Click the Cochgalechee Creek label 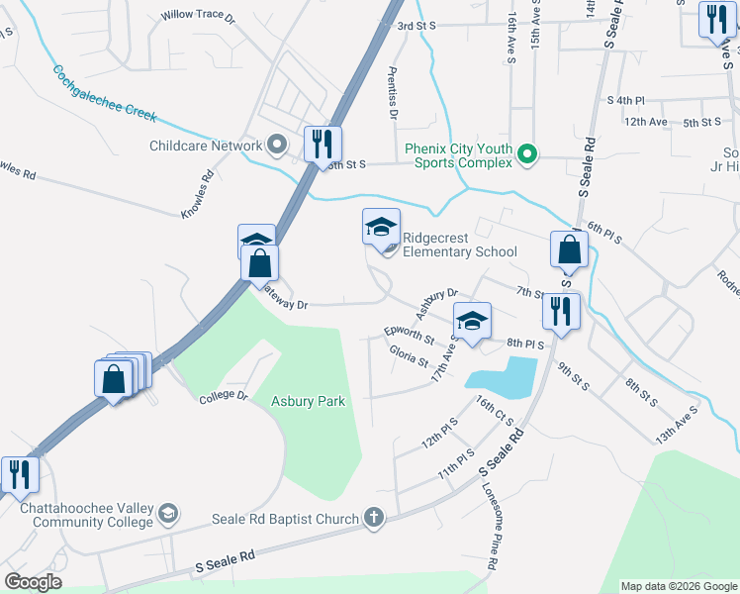(105, 94)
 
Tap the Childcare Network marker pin (277, 146)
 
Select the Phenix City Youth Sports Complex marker (528, 153)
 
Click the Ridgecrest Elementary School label (459, 251)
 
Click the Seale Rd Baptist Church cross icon (373, 517)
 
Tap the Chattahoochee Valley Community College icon (167, 512)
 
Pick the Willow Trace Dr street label (198, 17)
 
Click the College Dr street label (222, 397)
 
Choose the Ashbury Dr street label (436, 303)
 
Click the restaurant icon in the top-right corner (714, 19)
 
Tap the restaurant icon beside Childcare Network (322, 145)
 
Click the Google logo (33, 582)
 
